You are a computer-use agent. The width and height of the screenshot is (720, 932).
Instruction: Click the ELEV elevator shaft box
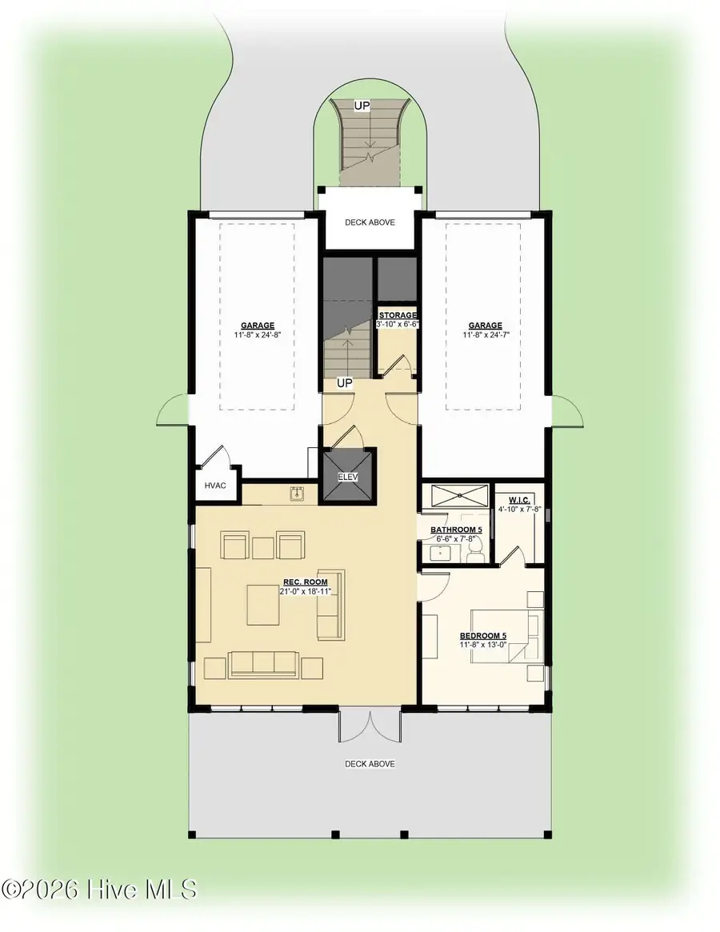pos(349,475)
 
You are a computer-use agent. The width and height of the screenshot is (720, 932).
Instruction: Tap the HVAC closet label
pos(215,486)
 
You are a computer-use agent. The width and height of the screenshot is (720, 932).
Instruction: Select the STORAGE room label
pos(398,315)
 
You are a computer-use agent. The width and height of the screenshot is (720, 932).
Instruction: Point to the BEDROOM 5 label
pos(482,636)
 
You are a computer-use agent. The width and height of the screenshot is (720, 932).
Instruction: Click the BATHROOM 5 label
pos(456,530)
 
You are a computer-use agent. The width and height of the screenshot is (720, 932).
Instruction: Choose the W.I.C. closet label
pos(519,500)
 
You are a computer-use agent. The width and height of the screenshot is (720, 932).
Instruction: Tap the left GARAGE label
pos(258,325)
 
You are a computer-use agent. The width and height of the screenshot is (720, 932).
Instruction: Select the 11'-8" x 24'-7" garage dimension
pos(486,334)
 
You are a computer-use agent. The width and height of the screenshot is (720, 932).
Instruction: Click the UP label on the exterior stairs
pos(362,106)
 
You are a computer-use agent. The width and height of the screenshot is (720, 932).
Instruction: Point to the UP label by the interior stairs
pos(345,383)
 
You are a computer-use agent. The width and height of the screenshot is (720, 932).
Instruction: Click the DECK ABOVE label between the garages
pos(370,222)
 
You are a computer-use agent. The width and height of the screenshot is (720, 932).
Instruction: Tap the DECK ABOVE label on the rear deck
pos(370,764)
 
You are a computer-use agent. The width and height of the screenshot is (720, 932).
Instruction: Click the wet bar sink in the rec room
pos(297,494)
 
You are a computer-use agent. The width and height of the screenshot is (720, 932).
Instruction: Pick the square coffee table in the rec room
pos(263,605)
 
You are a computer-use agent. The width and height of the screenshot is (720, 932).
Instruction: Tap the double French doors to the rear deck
pos(370,725)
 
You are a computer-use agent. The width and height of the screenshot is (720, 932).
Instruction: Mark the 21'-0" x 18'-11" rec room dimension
pos(305,591)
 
